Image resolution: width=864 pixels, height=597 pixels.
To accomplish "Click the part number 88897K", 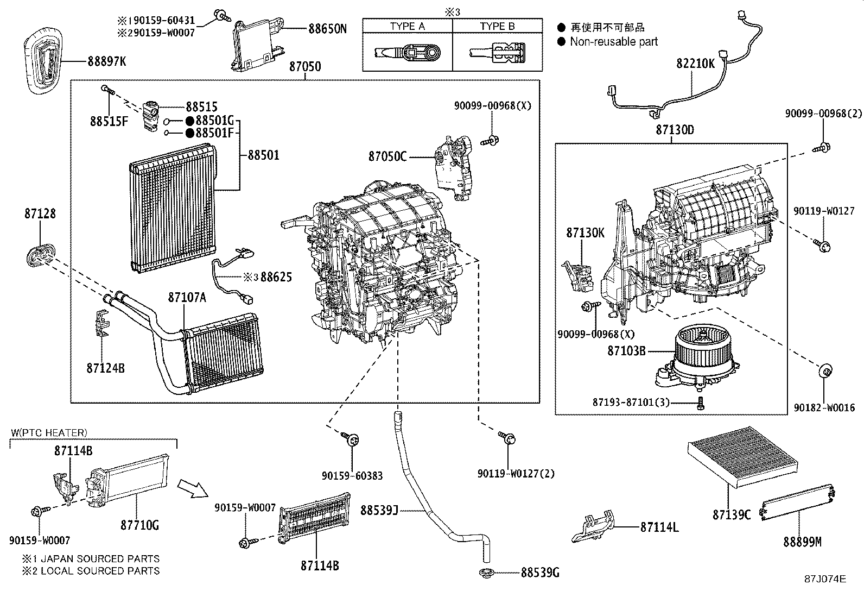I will click(106, 61).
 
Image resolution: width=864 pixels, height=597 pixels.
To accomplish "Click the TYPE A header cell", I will click(407, 26).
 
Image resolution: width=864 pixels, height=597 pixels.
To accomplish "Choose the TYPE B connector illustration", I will click(497, 52).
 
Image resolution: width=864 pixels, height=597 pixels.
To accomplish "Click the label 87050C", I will click(387, 156).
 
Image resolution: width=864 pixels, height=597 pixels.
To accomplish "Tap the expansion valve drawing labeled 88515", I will click(150, 116).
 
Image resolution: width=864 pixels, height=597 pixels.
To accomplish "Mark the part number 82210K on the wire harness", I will click(695, 64).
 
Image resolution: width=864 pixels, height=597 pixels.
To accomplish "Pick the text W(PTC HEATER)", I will click(48, 433).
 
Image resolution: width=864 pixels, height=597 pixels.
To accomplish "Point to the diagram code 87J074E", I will click(825, 579).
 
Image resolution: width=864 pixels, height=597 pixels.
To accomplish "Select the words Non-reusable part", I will click(613, 42).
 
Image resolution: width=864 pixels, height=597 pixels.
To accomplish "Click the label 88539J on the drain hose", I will click(379, 510).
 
